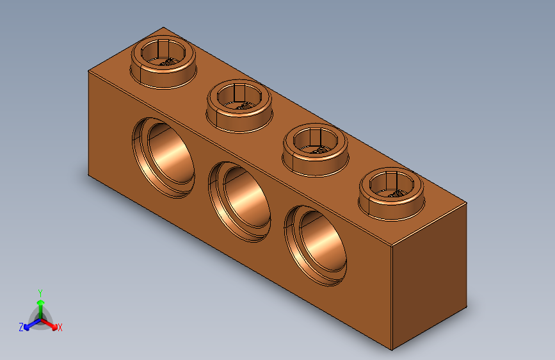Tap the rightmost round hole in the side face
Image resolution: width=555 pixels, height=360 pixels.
tap(318, 245)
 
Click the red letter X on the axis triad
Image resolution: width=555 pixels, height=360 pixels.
tap(60, 327)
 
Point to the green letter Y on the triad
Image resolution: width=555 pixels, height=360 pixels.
tap(40, 291)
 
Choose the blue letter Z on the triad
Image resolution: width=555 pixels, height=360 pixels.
tap(21, 327)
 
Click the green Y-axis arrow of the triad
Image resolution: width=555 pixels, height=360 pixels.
tap(40, 304)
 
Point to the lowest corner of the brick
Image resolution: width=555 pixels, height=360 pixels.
tap(391, 350)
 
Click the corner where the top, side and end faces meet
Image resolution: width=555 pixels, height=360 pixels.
tap(391, 247)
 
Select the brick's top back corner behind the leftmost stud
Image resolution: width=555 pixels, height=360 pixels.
tap(163, 28)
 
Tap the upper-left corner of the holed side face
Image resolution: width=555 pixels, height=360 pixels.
tap(88, 72)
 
